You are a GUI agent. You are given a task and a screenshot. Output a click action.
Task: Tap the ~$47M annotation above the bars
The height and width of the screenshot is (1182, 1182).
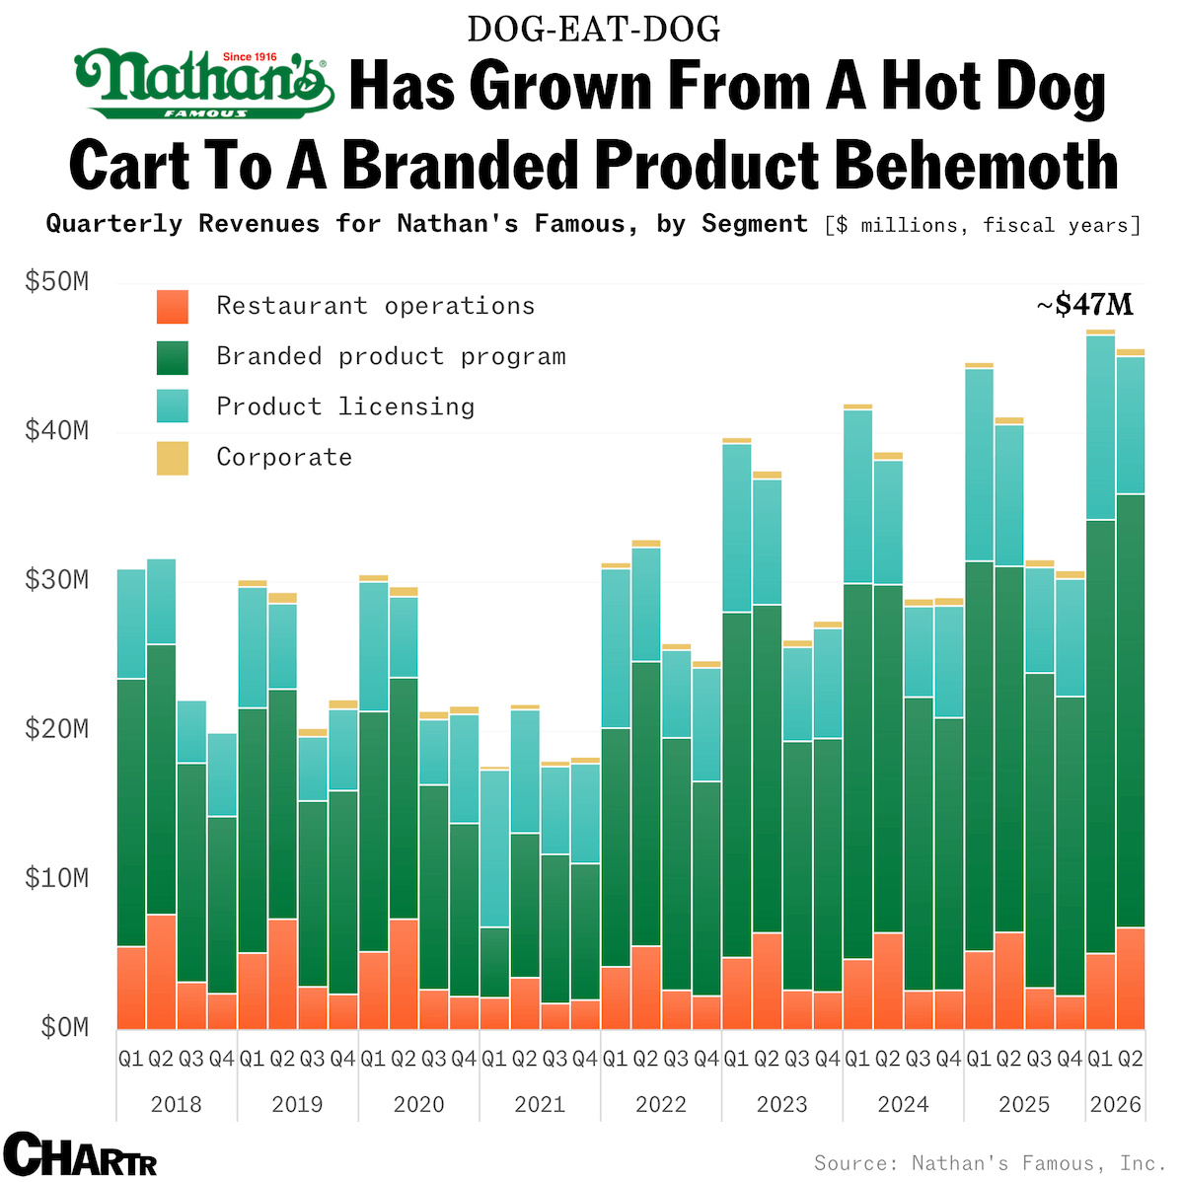[1084, 305]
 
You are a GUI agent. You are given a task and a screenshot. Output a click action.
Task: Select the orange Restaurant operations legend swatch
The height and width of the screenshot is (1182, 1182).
[173, 307]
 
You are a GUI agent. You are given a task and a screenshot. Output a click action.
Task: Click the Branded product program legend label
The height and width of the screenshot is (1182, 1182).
[391, 356]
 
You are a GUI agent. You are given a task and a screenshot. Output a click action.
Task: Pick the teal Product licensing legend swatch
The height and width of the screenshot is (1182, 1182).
[173, 406]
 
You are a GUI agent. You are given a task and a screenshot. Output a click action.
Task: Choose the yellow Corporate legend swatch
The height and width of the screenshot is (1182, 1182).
[173, 458]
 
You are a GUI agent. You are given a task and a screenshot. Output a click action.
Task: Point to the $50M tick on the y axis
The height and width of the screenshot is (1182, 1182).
[56, 282]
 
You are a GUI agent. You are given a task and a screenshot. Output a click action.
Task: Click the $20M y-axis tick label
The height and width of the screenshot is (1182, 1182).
[56, 729]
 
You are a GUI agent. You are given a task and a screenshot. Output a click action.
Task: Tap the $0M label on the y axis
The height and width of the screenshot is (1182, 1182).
[64, 1028]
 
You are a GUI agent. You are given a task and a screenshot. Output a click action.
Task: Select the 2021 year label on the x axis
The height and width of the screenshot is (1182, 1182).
[540, 1104]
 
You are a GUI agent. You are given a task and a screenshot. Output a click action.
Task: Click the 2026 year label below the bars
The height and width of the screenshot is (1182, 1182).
[1115, 1104]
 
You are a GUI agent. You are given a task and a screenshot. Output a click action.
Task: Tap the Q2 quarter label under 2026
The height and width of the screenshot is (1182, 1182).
[1131, 1059]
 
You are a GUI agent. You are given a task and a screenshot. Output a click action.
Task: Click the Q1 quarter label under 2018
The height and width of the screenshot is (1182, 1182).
[131, 1059]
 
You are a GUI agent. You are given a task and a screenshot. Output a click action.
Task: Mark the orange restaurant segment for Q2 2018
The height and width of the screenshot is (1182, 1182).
[161, 972]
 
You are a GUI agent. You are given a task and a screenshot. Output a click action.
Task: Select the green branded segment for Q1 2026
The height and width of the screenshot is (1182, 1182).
[1100, 736]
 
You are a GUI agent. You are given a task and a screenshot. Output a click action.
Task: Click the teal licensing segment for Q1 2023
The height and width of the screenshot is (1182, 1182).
[736, 528]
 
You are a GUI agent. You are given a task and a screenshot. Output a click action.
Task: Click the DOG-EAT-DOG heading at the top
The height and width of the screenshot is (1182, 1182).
[593, 30]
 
